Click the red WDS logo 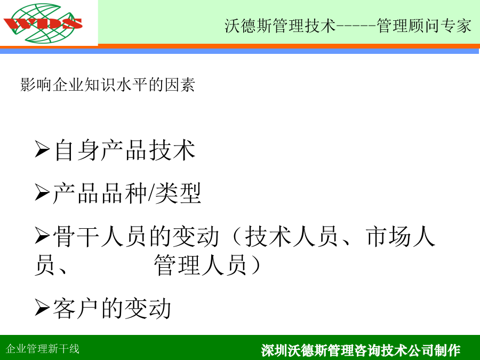[43, 23]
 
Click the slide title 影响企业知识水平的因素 [108, 85]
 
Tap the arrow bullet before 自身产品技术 [42, 149]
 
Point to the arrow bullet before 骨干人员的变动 [42, 235]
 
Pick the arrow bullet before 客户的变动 [42, 307]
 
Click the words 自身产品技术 [125, 150]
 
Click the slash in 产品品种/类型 [151, 194]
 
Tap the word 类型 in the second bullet [178, 193]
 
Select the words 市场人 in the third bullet [401, 236]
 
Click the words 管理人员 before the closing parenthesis [201, 265]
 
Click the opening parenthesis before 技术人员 [237, 237]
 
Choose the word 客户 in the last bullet [76, 308]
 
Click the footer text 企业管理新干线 [43, 349]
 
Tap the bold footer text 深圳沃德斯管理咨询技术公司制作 [361, 350]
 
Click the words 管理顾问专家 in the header [424, 26]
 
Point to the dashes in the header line [356, 26]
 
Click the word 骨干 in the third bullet [76, 236]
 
